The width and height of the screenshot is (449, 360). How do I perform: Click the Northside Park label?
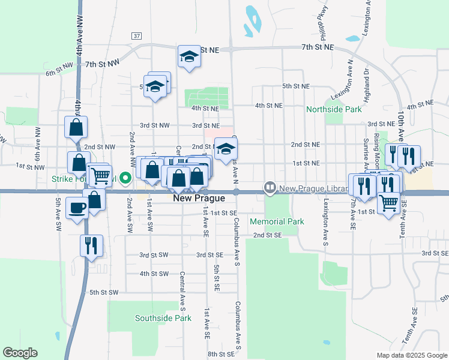coord(334,110)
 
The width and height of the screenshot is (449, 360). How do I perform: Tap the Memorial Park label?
coord(286,221)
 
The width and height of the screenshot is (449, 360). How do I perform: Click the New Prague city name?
coord(199,198)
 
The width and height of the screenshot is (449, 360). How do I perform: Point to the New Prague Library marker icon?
coord(270,188)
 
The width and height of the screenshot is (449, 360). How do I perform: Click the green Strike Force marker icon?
coord(125,178)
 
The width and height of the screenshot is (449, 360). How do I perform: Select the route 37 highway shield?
coord(137,36)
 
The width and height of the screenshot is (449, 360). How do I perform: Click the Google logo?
coord(20,353)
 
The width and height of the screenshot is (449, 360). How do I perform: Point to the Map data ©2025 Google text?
coord(411,355)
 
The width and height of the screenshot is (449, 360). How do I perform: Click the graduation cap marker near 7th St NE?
coord(189,57)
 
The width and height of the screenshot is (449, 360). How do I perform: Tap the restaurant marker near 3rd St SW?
coord(91,245)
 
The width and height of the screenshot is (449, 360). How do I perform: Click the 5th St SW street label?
coord(104,293)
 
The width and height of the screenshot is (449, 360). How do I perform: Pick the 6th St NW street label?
coord(59,74)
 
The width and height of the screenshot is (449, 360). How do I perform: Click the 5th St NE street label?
coord(296,86)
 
